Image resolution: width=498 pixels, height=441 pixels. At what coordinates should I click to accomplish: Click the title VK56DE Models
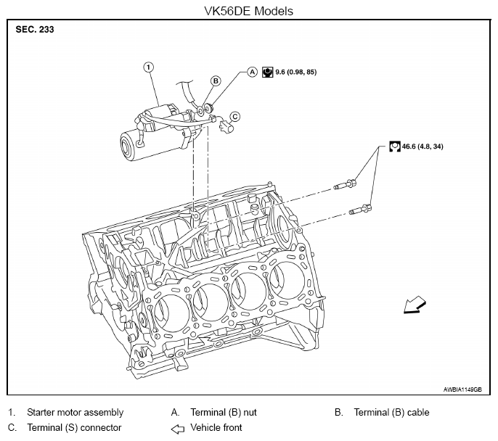coord(248,11)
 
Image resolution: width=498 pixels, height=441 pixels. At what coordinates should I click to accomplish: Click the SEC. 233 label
coord(35,30)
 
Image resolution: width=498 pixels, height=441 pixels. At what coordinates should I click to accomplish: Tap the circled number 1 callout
coord(149,67)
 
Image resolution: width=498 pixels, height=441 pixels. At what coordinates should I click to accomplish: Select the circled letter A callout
coord(252,72)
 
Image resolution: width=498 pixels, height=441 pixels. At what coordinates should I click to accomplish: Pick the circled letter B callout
coord(216,81)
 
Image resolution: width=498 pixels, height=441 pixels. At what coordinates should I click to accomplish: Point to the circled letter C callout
coord(234,117)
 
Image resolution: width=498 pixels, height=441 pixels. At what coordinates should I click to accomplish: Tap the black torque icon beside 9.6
coord(267,73)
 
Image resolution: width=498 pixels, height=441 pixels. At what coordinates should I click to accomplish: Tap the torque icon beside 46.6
coord(395,147)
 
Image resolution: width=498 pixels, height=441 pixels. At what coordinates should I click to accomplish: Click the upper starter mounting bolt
coord(345,184)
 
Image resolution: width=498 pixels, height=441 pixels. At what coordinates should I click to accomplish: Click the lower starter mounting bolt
coord(360,210)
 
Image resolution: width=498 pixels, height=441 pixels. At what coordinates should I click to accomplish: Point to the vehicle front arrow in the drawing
coord(415,305)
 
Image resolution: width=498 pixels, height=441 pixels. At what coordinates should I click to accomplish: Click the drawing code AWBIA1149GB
coord(462,390)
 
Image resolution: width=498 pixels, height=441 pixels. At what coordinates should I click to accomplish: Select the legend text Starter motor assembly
coord(75,412)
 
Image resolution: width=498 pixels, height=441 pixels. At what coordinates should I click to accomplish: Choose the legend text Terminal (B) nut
coord(224,412)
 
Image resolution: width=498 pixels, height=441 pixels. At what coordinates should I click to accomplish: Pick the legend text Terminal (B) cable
coord(391,412)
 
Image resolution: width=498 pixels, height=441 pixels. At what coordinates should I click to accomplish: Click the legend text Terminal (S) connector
coord(74,427)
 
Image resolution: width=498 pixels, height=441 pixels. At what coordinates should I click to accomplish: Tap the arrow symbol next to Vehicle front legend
coord(178,429)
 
